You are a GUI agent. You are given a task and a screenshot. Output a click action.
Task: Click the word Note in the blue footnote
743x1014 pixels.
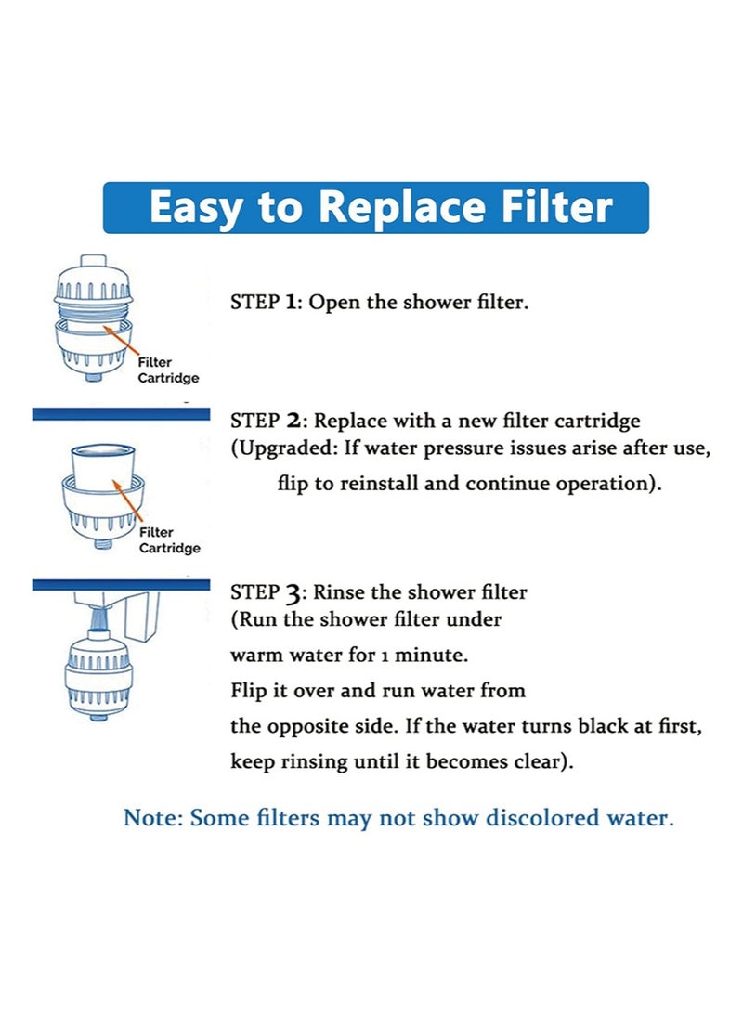coord(152,818)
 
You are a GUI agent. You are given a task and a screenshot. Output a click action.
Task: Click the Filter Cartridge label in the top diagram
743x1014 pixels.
coord(168,370)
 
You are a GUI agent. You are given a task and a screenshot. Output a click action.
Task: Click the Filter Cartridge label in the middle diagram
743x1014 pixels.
coord(169,539)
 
